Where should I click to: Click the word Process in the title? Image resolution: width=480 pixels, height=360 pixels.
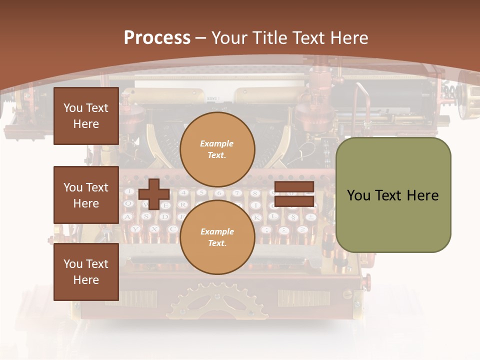coord(157,38)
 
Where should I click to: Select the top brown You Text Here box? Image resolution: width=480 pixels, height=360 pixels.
coord(86,116)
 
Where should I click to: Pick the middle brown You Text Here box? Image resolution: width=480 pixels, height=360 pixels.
coord(86,195)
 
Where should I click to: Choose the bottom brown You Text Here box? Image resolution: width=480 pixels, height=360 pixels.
coord(86,272)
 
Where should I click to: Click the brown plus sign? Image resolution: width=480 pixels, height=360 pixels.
coord(153,194)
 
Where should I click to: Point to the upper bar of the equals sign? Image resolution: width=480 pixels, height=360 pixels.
coord(294,187)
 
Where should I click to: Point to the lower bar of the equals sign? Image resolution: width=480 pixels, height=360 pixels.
coord(294,201)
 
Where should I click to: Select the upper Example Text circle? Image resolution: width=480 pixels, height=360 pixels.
coord(217,149)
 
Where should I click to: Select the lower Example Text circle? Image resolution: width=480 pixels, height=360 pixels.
coord(217,237)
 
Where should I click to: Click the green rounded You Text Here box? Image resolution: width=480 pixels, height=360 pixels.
coord(393,195)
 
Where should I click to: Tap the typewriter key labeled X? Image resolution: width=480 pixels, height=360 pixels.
coord(153,228)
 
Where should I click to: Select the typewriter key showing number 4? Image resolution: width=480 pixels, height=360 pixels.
coord(183,192)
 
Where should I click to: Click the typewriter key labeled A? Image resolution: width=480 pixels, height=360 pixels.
coord(127,216)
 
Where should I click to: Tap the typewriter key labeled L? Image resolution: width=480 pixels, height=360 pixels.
coord(273,216)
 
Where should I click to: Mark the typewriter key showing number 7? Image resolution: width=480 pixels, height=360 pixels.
coord(237,193)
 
